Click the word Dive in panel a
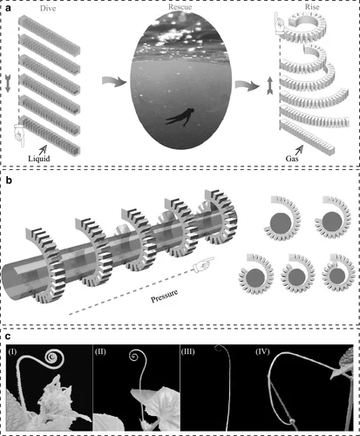(48, 9)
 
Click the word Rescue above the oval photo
(180, 7)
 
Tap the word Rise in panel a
(312, 7)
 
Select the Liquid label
(39, 159)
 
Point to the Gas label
(292, 159)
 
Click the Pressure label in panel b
(165, 296)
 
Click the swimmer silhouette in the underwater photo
(180, 117)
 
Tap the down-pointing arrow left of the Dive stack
(8, 84)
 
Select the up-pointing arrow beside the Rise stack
(270, 85)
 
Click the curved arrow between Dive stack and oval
(114, 81)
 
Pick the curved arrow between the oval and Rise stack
(247, 85)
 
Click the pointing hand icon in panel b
(203, 264)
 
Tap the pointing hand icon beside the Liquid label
(20, 135)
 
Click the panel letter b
(9, 181)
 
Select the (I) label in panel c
(12, 352)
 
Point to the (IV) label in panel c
(262, 351)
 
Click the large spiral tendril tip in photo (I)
(52, 356)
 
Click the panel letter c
(8, 337)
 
